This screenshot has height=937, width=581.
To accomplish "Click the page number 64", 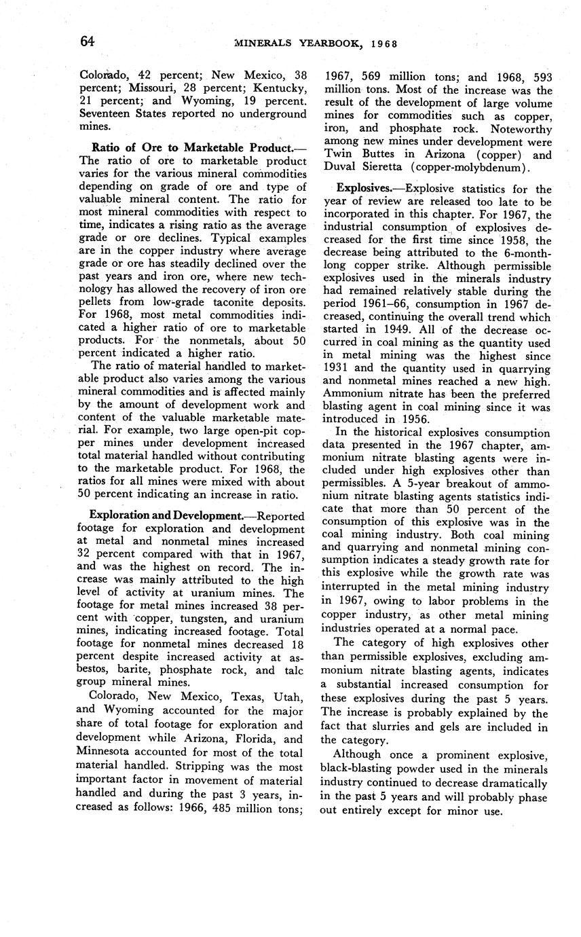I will pos(87,41).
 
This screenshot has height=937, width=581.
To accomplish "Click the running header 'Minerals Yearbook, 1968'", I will pos(315,44).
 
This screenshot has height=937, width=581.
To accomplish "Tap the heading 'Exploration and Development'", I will pos(166,516).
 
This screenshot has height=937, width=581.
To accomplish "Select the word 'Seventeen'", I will pos(106,113).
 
